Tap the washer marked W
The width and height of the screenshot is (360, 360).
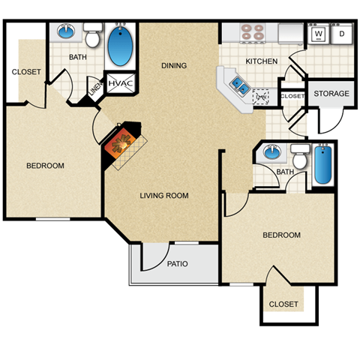[x=318, y=34]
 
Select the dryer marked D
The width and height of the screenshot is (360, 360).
[x=342, y=34]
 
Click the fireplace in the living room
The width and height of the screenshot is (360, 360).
[x=123, y=142]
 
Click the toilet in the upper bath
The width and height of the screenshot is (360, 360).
[x=92, y=35]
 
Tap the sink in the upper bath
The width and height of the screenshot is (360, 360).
[x=65, y=32]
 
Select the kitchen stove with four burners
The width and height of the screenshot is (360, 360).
[x=253, y=32]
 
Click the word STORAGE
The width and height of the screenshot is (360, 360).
[x=331, y=94]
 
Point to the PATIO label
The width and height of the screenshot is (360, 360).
[x=178, y=264]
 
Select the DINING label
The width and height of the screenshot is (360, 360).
[x=173, y=66]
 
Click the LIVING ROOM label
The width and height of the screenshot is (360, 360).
[x=163, y=196]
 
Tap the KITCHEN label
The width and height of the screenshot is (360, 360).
[x=261, y=61]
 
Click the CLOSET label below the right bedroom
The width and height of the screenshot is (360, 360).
[x=283, y=304]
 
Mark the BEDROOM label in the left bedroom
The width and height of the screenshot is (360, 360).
[x=45, y=166]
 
